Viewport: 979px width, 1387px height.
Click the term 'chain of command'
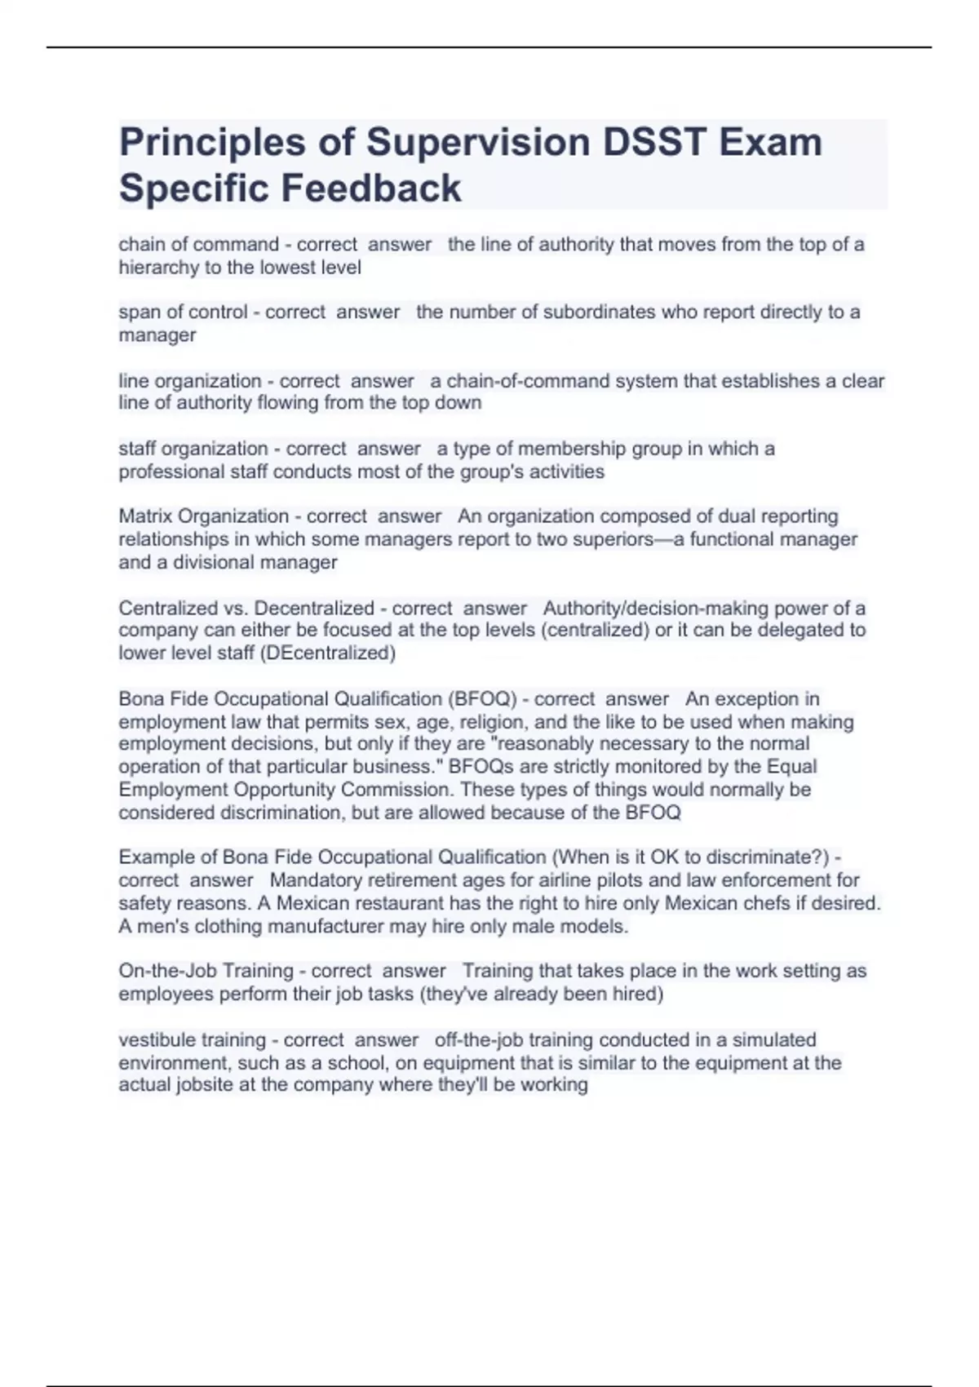pos(198,244)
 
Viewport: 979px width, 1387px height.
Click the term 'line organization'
pos(190,381)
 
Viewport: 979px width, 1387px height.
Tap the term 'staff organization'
pos(193,449)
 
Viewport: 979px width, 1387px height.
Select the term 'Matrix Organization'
pos(204,516)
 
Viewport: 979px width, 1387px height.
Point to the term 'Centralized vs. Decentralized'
pos(246,609)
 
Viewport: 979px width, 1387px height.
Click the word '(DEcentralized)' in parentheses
pos(327,654)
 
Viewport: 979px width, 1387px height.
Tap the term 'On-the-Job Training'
pos(206,971)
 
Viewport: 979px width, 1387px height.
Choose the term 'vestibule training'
pos(192,1040)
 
